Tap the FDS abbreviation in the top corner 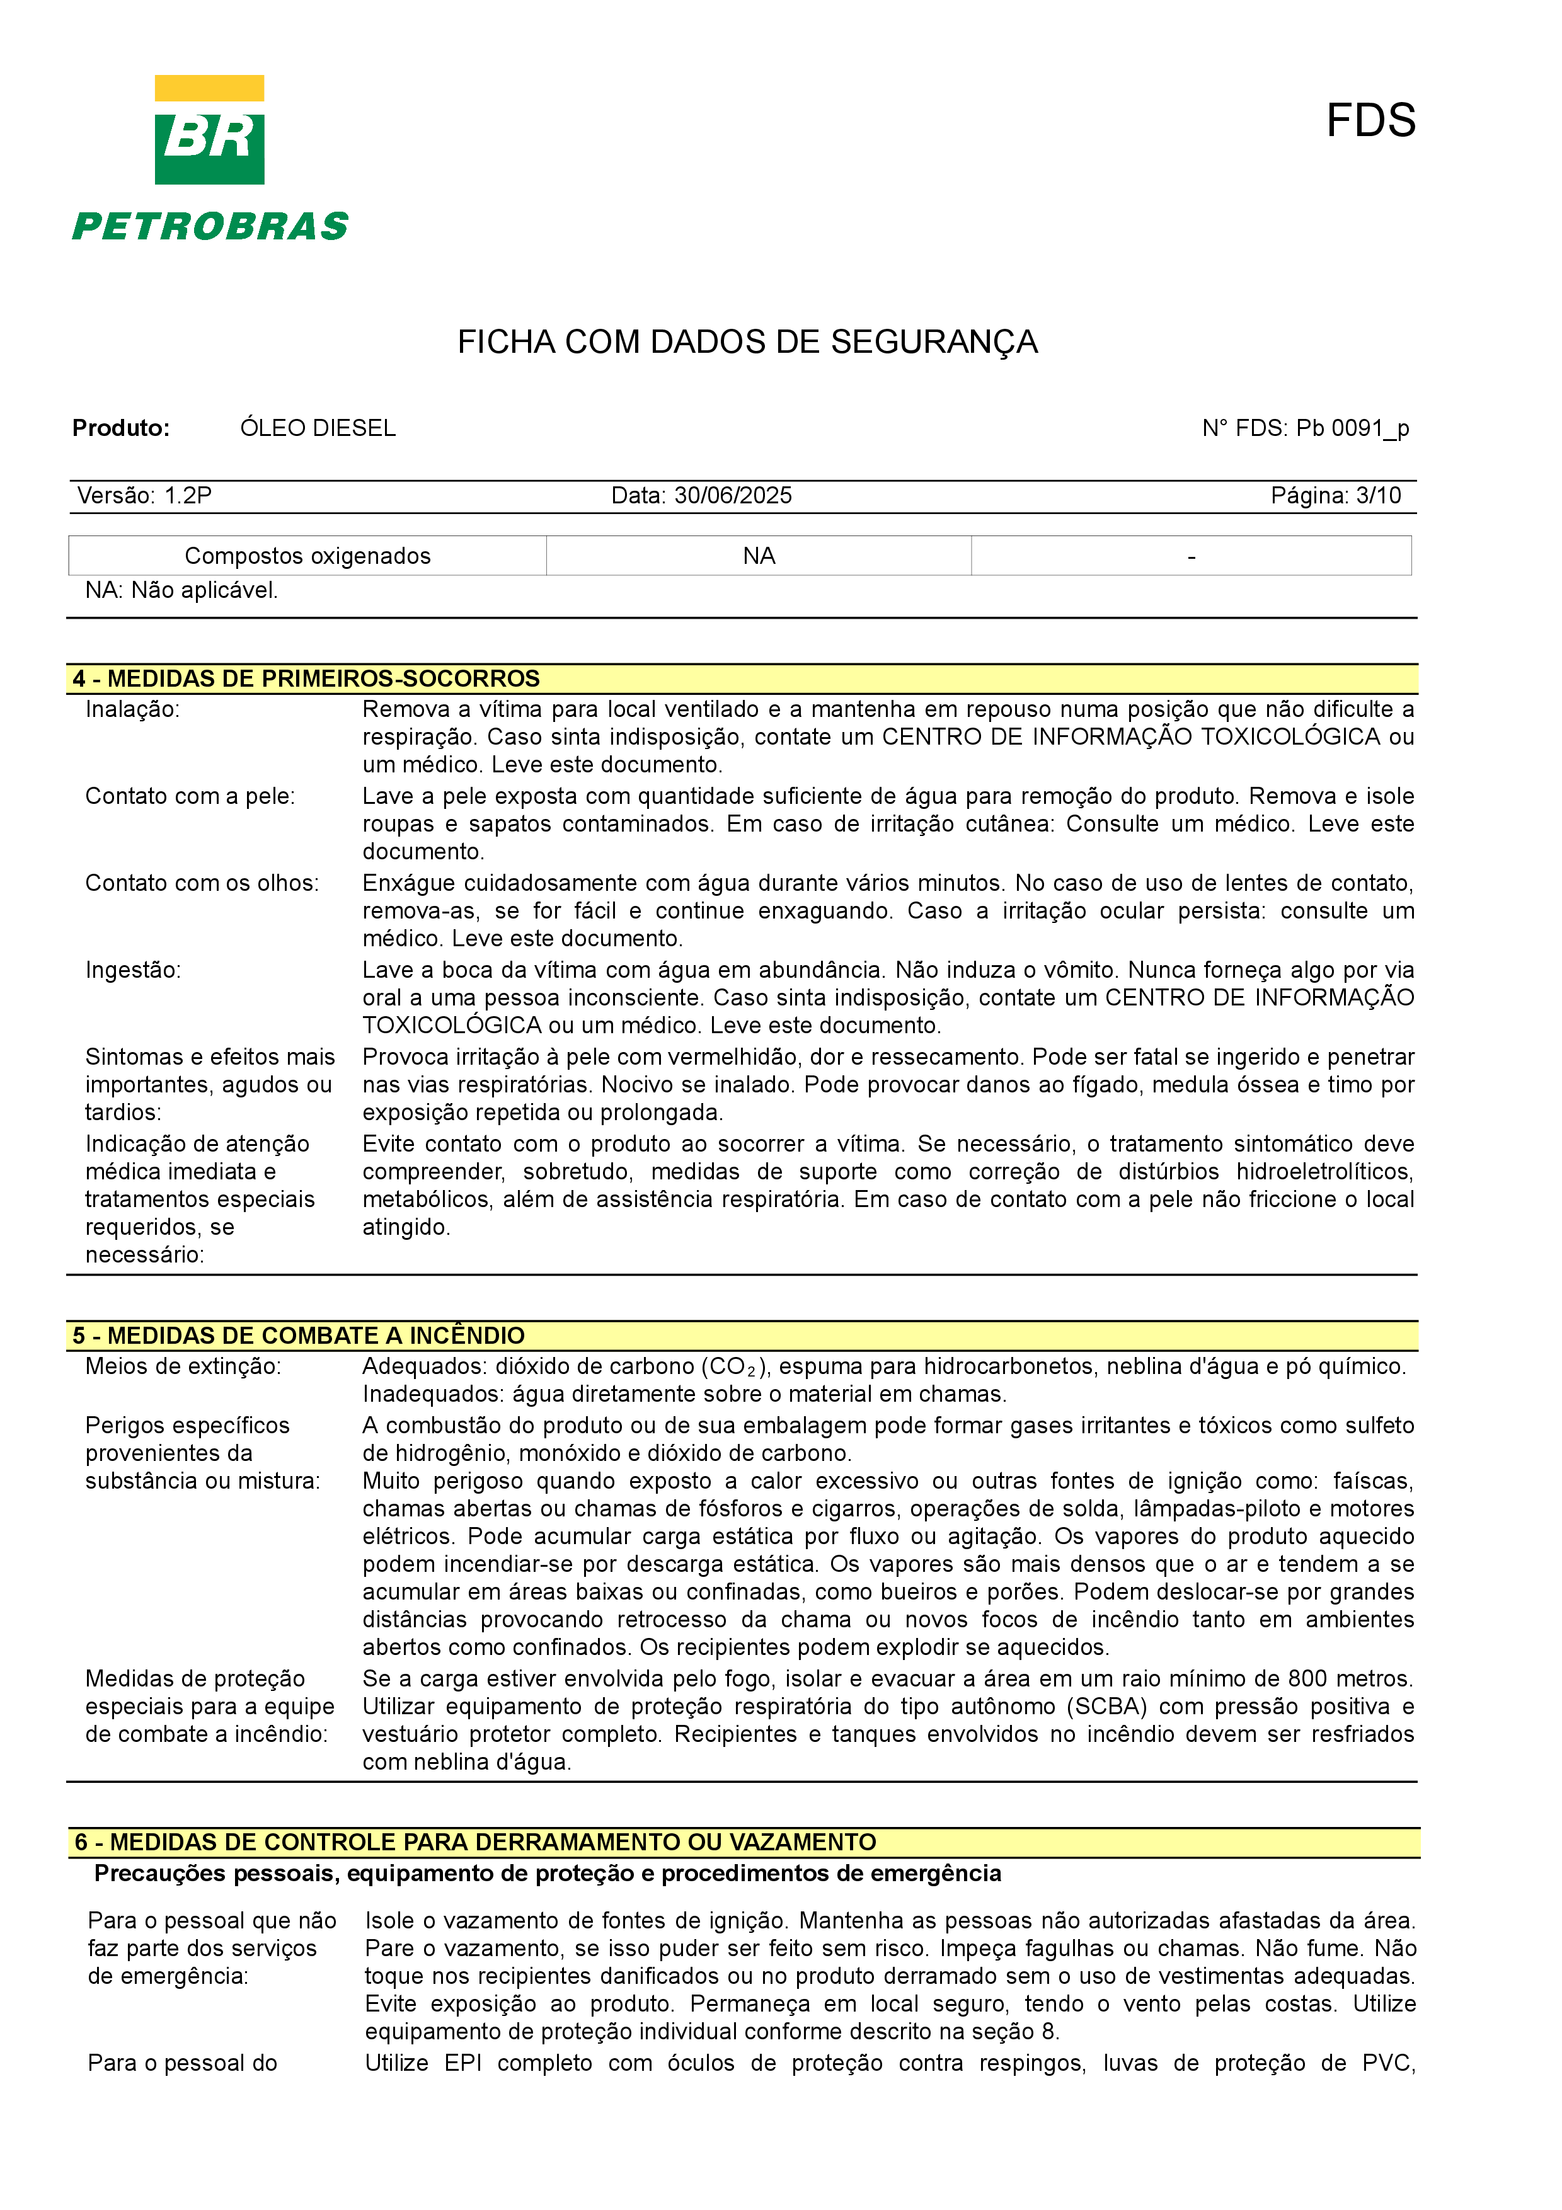point(1370,122)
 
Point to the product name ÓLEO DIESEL point(318,428)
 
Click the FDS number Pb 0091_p point(1352,428)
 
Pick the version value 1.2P point(188,496)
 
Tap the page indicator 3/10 point(1377,496)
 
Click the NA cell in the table point(759,556)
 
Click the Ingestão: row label point(133,970)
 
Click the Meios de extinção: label point(183,1367)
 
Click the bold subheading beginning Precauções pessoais point(548,1873)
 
